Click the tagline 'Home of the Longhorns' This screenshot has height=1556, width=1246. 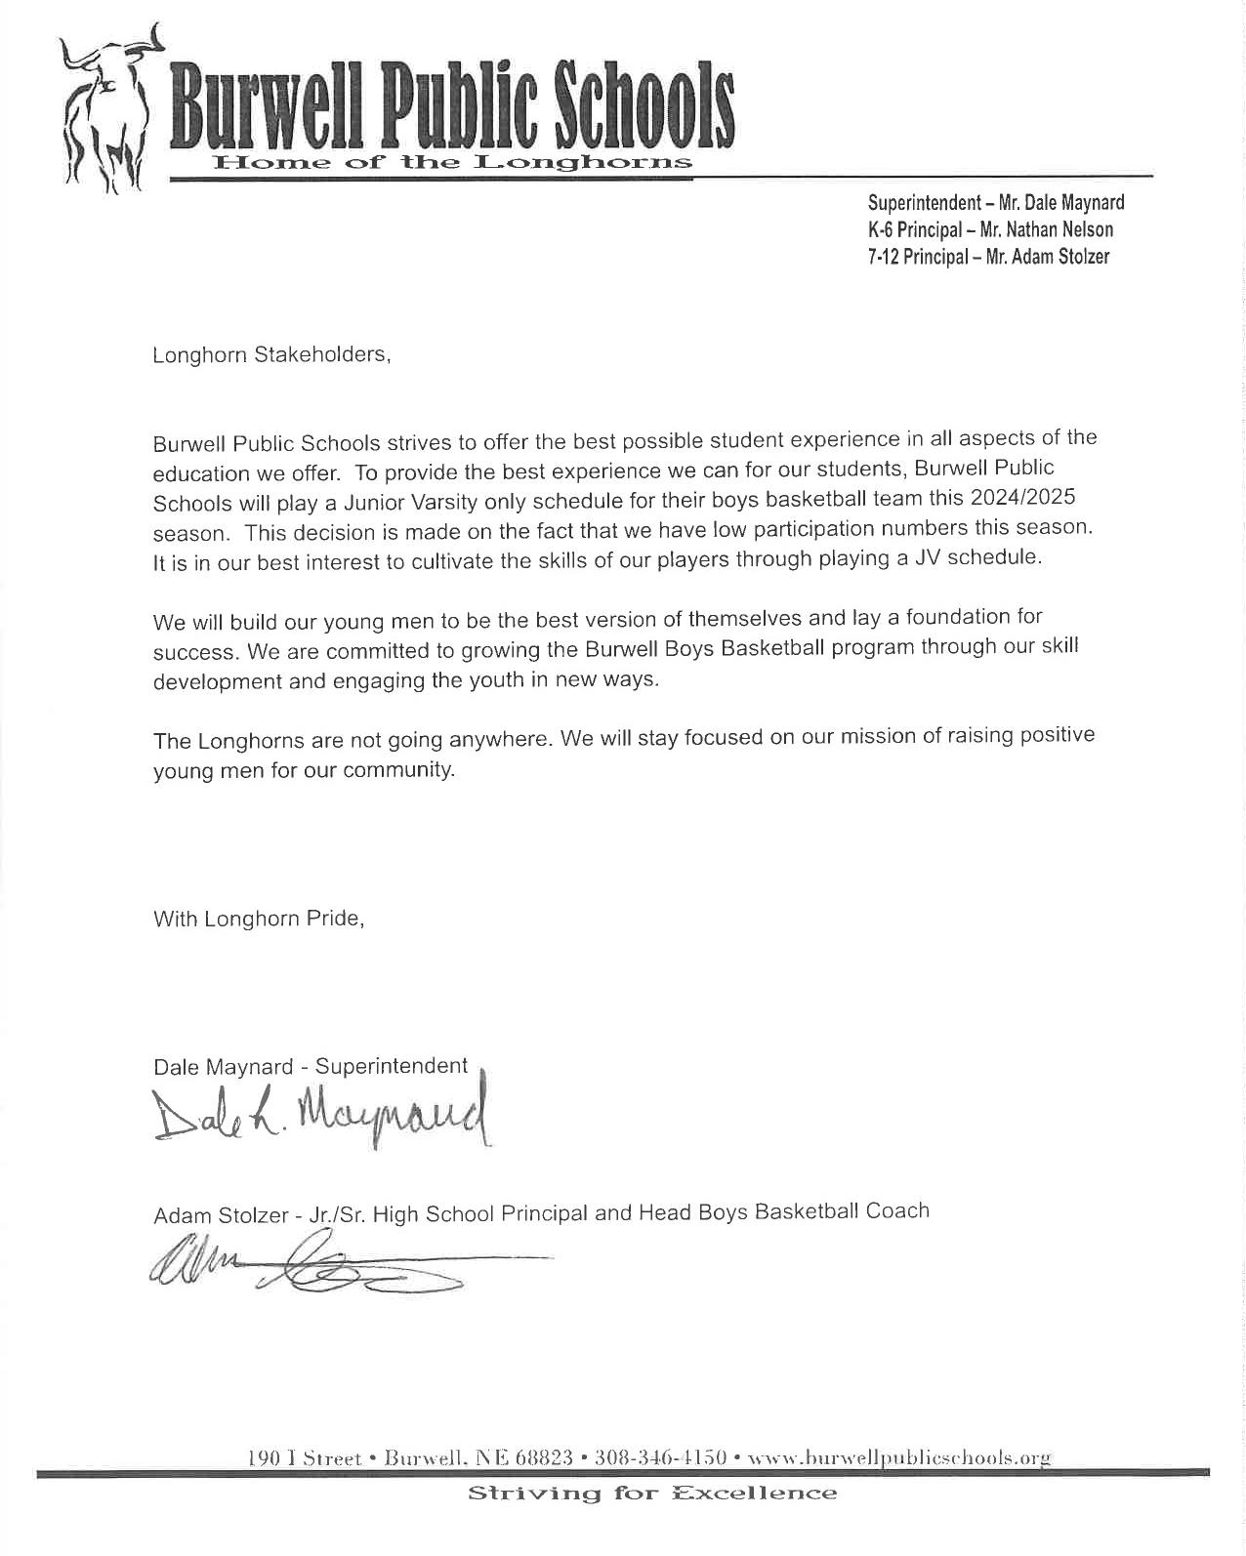[x=452, y=162]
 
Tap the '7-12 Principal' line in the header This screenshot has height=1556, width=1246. [x=988, y=258]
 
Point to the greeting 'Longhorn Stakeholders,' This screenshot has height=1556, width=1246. [x=271, y=355]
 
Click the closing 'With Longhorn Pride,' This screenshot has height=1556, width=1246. [x=259, y=920]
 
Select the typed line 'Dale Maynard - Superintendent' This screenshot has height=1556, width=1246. [x=311, y=1067]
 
